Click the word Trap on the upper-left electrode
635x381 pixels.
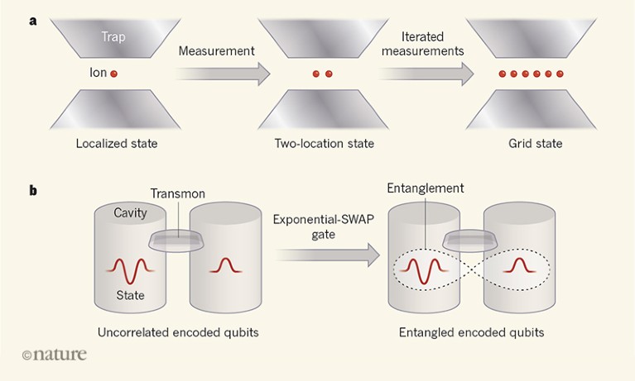[x=113, y=36]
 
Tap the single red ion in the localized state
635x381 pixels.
[x=113, y=74]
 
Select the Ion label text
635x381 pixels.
[x=97, y=73]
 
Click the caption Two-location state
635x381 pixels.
[x=324, y=144]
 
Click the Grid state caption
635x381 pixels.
[x=535, y=144]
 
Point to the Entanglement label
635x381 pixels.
[x=426, y=189]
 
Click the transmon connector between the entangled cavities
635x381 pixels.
[x=471, y=241]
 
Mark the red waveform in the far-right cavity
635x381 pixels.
[x=520, y=266]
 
